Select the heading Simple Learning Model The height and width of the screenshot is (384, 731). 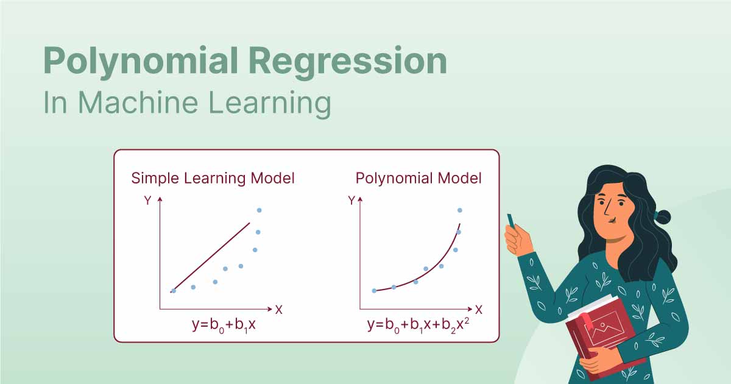click(x=213, y=179)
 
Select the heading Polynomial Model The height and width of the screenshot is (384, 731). click(x=418, y=179)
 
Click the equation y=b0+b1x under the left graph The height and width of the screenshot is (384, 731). click(x=223, y=325)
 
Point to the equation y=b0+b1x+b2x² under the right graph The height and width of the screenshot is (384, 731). click(x=418, y=325)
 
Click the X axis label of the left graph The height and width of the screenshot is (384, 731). click(x=278, y=309)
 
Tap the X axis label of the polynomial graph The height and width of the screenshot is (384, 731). click(x=479, y=309)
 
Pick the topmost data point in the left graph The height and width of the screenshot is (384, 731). click(x=259, y=210)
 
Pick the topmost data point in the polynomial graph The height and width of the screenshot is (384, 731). click(x=459, y=210)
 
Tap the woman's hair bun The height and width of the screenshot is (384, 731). click(x=662, y=216)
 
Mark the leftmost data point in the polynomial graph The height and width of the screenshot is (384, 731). click(x=374, y=291)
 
